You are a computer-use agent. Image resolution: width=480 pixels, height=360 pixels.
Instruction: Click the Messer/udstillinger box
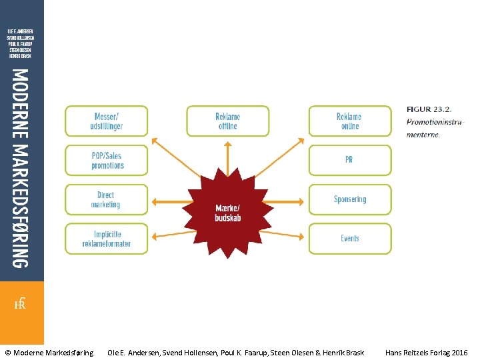click(106, 121)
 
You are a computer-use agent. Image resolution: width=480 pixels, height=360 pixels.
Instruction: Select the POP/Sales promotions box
click(106, 161)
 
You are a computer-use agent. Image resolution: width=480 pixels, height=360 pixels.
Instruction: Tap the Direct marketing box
click(106, 200)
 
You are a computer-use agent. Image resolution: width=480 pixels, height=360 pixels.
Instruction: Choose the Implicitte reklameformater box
click(106, 239)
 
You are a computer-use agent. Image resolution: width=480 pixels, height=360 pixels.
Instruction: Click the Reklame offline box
click(227, 121)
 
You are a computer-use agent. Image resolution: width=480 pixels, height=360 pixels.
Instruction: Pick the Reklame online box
click(349, 121)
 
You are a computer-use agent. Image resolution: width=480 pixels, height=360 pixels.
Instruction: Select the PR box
click(349, 161)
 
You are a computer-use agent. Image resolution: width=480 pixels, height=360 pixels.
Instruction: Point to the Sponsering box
click(349, 199)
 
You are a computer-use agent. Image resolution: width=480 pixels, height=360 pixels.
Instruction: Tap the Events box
click(349, 239)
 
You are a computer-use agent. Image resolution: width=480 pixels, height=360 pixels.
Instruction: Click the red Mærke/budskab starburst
click(228, 213)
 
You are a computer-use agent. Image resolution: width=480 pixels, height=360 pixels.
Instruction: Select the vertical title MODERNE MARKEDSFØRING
click(21, 168)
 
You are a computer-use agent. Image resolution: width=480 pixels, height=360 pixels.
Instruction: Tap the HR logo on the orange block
click(21, 303)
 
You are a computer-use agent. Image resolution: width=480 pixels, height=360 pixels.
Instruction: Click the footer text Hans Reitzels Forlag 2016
click(426, 352)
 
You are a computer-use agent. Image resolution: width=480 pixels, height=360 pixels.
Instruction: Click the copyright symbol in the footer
click(8, 352)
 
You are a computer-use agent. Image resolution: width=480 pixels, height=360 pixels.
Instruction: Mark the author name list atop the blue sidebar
click(21, 43)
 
